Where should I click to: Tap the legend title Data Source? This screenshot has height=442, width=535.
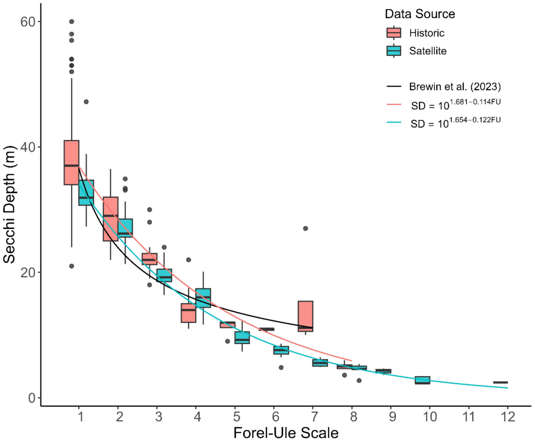[420, 14]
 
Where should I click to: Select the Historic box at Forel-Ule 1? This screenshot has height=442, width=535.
[72, 162]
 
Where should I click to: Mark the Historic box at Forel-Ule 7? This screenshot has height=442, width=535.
[305, 316]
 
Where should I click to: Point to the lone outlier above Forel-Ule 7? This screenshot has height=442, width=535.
[305, 228]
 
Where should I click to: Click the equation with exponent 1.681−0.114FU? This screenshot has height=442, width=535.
[456, 105]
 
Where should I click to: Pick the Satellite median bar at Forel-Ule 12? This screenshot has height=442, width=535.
[500, 382]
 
